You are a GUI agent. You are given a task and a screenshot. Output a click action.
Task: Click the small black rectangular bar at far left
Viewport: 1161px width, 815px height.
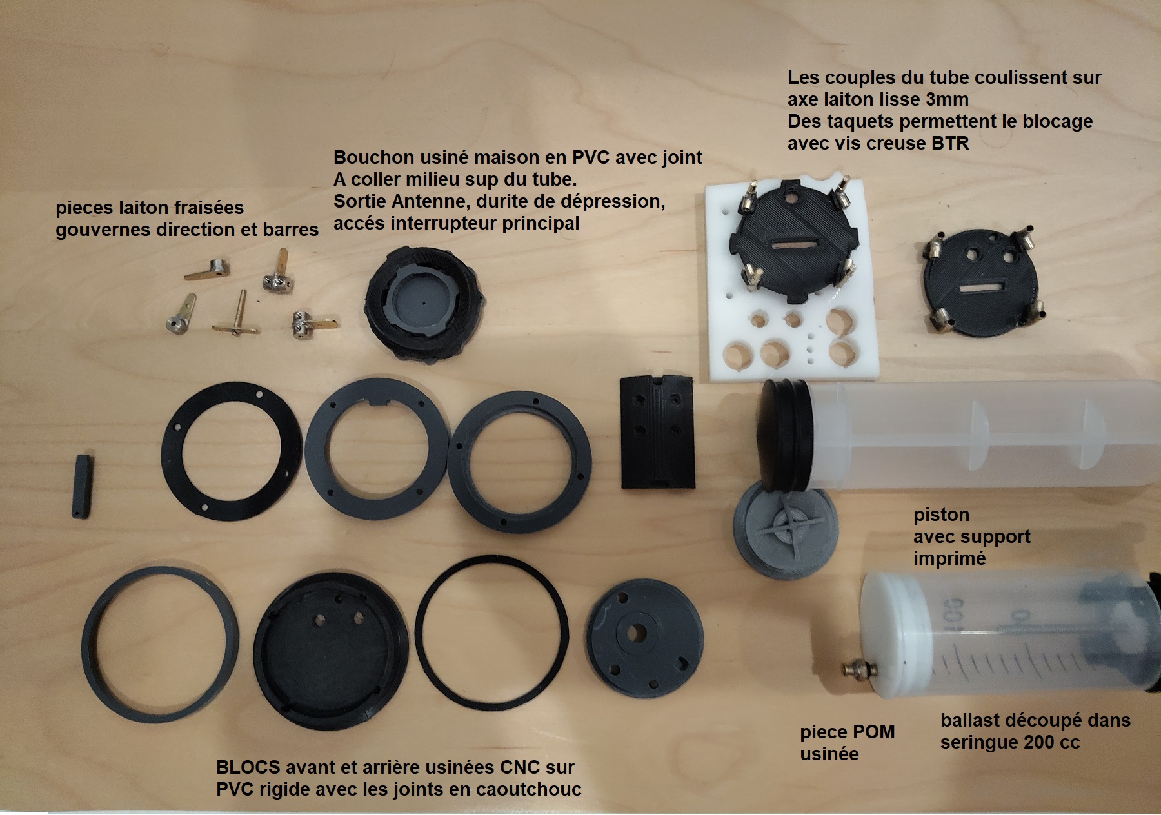pyautogui.click(x=82, y=486)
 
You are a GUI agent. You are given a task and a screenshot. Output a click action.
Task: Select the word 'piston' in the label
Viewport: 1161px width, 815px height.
pyautogui.click(x=941, y=515)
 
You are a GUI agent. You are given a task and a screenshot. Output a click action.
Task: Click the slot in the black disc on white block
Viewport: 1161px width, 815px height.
pyautogui.click(x=792, y=246)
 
